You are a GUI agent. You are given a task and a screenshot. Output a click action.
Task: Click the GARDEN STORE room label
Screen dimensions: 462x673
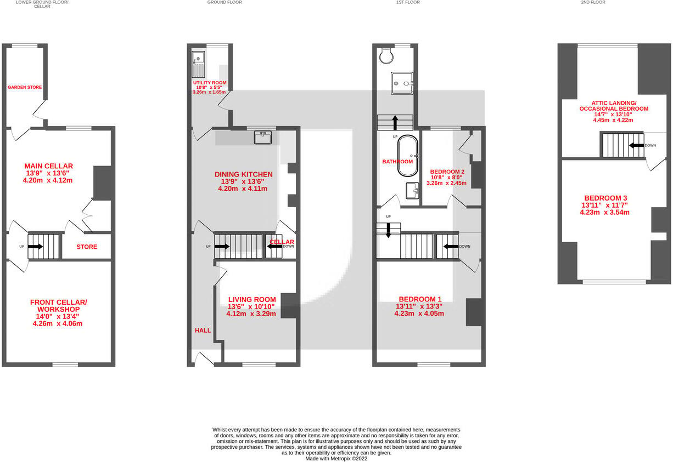tap(25, 87)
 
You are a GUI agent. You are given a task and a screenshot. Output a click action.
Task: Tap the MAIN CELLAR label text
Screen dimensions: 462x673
tap(48, 166)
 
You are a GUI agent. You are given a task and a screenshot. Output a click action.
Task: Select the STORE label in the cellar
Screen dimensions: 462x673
tap(87, 247)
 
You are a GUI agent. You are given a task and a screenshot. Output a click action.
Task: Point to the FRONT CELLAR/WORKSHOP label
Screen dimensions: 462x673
tap(58, 306)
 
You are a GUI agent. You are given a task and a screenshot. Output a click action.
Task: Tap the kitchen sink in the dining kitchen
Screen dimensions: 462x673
tap(263, 137)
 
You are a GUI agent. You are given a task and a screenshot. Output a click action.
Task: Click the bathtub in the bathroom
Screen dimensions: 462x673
tap(407, 156)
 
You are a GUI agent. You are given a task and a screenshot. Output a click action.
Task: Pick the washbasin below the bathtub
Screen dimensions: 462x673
tap(412, 190)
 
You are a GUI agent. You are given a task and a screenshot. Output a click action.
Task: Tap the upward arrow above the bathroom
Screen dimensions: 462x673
tap(395, 122)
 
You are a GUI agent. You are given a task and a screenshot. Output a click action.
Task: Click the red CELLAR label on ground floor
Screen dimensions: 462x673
tap(282, 242)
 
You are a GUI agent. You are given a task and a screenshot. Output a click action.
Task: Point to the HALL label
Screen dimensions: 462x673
tap(203, 330)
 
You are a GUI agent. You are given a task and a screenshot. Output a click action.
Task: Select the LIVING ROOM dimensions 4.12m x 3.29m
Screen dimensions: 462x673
tap(251, 314)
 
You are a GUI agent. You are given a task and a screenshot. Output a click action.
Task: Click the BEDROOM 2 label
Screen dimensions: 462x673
tap(447, 172)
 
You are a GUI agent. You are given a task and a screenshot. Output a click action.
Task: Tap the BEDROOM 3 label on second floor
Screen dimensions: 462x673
tap(605, 198)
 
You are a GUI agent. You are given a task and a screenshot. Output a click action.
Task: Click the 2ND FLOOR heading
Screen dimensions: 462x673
tap(593, 3)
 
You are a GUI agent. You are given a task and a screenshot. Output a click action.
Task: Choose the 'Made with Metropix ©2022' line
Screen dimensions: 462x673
tap(336, 459)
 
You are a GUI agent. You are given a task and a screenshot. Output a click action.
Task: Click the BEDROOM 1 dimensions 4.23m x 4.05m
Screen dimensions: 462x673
tap(419, 313)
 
